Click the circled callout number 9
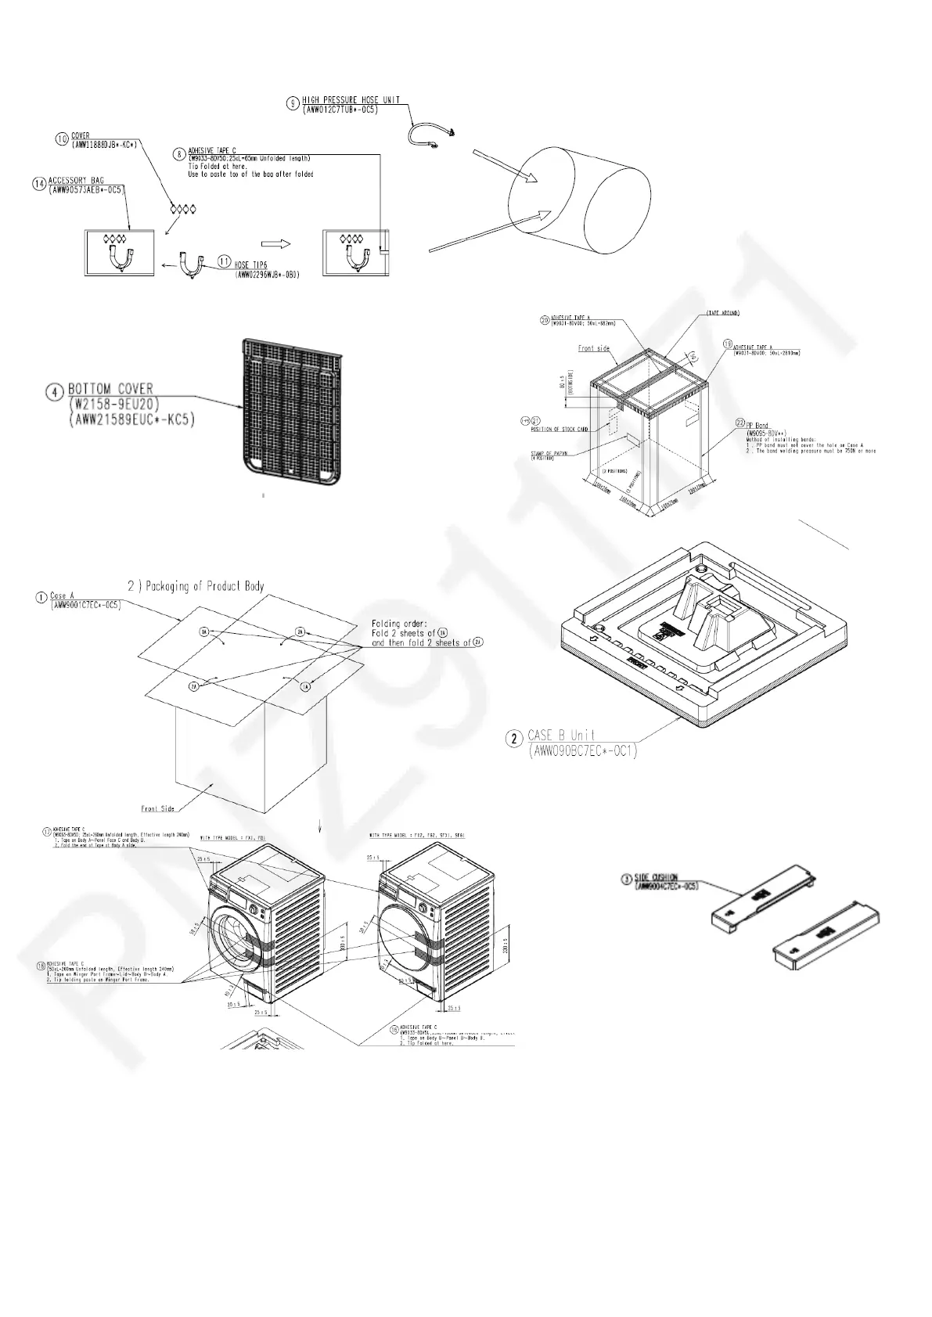pos(292,101)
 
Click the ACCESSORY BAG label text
pos(76,181)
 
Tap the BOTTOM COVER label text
pos(110,388)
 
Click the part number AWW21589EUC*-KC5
pos(131,421)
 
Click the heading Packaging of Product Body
pos(196,585)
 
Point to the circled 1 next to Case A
pos(41,597)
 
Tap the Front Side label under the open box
pos(158,808)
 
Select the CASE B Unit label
pos(561,735)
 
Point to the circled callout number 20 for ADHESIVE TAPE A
pos(545,318)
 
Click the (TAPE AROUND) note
pos(724,314)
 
